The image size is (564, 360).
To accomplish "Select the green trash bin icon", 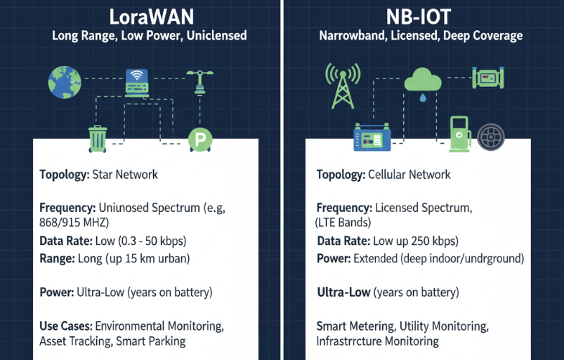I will tap(97, 138).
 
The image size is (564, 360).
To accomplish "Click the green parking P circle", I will tap(198, 139).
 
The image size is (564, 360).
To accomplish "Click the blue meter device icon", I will tap(371, 137).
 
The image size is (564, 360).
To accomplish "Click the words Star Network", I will tap(126, 175).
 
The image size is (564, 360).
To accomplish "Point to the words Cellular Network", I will tap(409, 175).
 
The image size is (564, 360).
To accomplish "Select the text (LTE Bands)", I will tap(344, 222).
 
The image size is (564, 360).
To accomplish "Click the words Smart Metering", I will tap(349, 326).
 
